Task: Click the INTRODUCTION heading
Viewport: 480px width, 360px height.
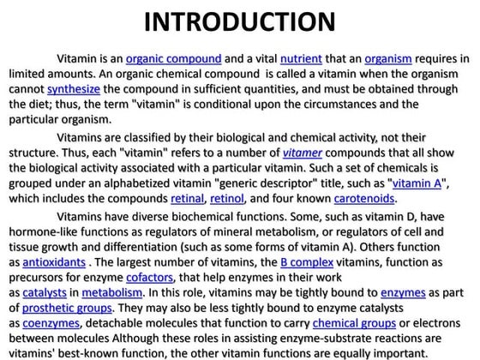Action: pos(239,23)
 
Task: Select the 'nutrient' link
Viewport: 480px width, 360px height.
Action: pos(300,59)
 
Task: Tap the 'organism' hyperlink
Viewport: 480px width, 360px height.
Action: pos(387,59)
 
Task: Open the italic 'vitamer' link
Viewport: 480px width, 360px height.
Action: pos(304,153)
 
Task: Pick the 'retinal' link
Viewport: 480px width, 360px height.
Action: pos(188,199)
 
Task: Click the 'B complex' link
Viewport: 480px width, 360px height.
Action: pos(307,261)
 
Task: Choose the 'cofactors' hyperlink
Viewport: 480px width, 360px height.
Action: pos(149,277)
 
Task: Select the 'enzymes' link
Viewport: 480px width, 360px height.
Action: pos(403,292)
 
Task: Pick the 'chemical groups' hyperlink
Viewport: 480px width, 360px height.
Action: pos(352,323)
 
